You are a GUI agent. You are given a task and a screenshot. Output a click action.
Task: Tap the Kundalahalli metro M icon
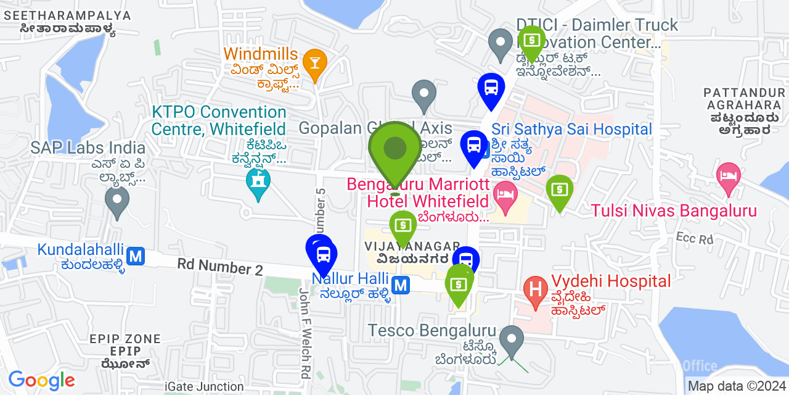tap(136, 255)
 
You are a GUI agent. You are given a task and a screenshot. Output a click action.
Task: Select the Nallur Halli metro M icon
tap(401, 285)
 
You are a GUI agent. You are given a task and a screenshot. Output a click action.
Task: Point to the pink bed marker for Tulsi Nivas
tap(729, 175)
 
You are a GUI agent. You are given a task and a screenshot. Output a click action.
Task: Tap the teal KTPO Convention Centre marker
tap(258, 182)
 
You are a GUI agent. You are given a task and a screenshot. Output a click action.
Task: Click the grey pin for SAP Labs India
tap(117, 200)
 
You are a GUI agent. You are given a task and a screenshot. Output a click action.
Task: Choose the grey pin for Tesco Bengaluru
tap(511, 339)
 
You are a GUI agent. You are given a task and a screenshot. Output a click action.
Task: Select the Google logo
tap(42, 380)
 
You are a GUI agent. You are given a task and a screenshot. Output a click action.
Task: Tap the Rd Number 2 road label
tap(220, 267)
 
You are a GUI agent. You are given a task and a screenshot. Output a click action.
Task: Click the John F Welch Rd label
tap(305, 333)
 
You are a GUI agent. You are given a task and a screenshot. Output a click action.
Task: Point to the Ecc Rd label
tap(694, 238)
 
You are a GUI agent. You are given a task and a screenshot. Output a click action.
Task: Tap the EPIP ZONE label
tap(125, 339)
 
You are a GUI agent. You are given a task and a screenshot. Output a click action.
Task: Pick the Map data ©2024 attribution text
tap(737, 386)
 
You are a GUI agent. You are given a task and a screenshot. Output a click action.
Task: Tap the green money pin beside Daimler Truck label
tap(531, 41)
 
